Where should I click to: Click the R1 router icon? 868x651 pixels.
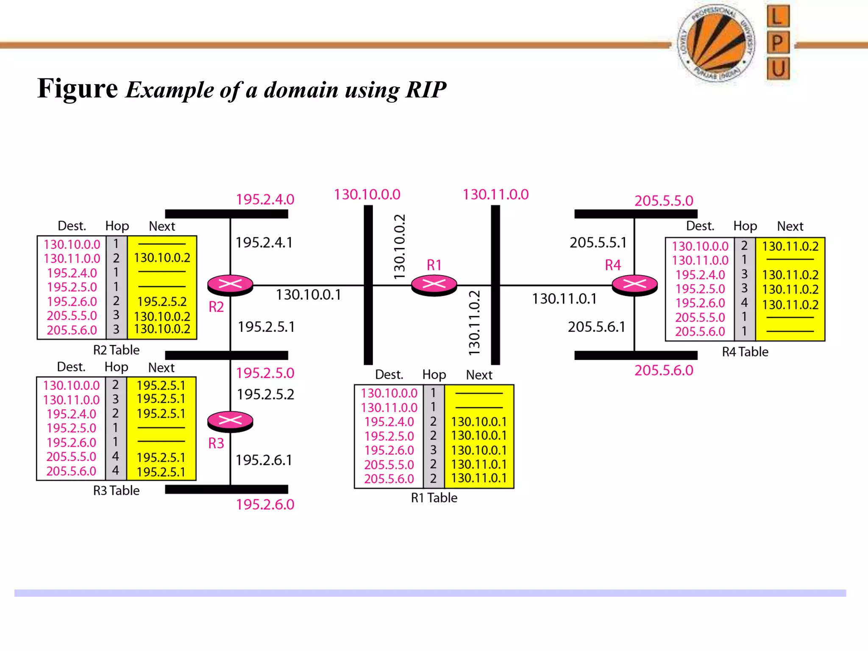(434, 285)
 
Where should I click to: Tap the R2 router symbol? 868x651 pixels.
(230, 285)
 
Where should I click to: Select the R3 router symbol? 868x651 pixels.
(230, 421)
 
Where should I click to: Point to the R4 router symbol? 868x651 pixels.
(634, 285)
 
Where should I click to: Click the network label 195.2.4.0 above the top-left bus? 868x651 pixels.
(265, 199)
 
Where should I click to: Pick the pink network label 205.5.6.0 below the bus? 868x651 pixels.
(664, 370)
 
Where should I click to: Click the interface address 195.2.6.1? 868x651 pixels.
(264, 460)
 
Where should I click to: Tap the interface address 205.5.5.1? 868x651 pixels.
(598, 242)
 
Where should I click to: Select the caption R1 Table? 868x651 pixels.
(434, 498)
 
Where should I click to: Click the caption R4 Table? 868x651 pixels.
(745, 352)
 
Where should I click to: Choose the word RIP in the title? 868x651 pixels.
(426, 90)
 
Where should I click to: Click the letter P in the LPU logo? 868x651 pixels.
(778, 43)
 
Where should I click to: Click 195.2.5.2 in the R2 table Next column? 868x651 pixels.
(162, 301)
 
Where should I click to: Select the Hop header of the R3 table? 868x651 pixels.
(116, 367)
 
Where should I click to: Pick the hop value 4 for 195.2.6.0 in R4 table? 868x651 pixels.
(744, 303)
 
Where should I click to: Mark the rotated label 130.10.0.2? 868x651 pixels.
(400, 247)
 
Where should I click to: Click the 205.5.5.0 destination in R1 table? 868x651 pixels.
(389, 465)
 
